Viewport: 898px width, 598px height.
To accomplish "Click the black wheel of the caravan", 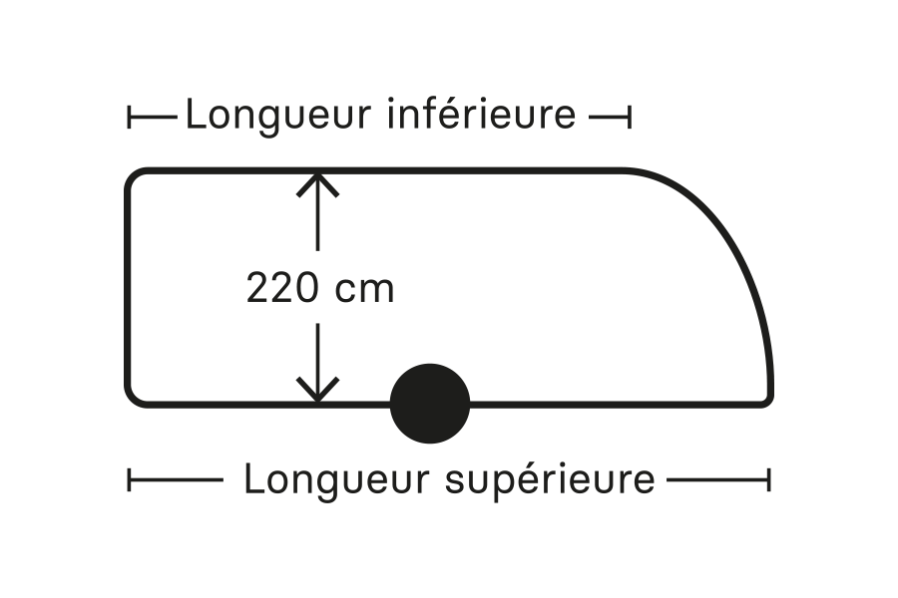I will [429, 404].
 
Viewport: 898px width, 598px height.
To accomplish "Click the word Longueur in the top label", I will [278, 115].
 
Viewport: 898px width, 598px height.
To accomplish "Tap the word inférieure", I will [480, 115].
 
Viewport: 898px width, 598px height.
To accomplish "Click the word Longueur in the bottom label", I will [337, 479].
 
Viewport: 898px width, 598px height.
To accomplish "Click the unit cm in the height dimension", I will [364, 289].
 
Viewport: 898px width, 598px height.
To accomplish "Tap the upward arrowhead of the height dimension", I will [317, 181].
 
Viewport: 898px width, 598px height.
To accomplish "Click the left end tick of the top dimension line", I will [130, 118].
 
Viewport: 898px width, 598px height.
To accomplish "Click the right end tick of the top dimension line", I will [629, 118].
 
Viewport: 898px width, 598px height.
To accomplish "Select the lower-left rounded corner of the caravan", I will [134, 398].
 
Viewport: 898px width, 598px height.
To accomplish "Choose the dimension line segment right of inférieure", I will [607, 118].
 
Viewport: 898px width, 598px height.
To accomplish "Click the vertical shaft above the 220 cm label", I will [317, 224].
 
